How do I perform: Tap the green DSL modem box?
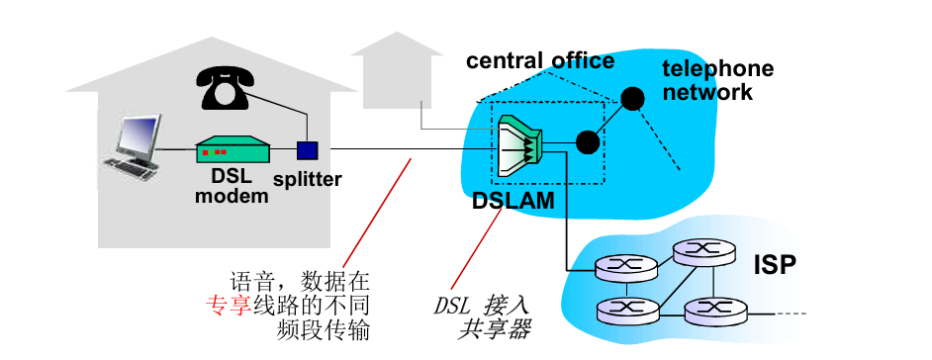(x=233, y=150)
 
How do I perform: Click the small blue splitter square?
(x=308, y=150)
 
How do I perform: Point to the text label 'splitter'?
(x=308, y=179)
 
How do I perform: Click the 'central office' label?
(x=540, y=60)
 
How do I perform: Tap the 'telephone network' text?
(x=717, y=80)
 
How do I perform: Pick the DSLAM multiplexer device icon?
(x=519, y=146)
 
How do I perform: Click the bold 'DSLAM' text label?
(x=513, y=202)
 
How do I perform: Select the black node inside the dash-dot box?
(x=587, y=142)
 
